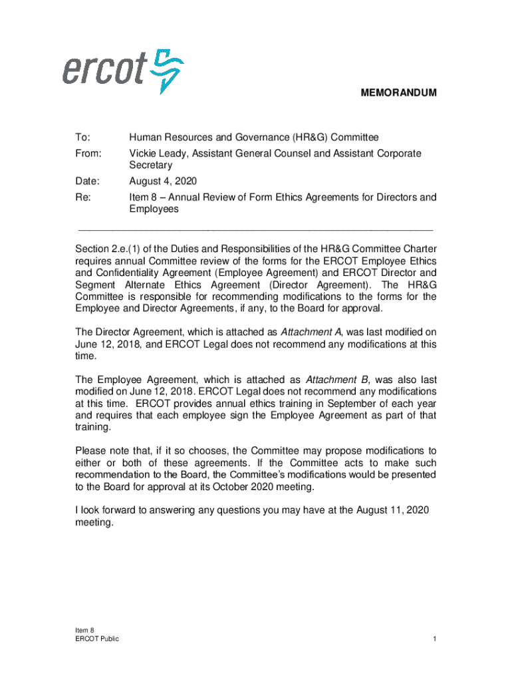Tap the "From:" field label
[88, 154]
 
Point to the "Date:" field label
[87, 182]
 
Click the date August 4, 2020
[162, 182]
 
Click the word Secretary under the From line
[151, 165]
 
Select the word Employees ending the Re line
[154, 209]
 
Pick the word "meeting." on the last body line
[94, 523]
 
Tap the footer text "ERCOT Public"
[97, 639]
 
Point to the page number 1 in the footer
[434, 639]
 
